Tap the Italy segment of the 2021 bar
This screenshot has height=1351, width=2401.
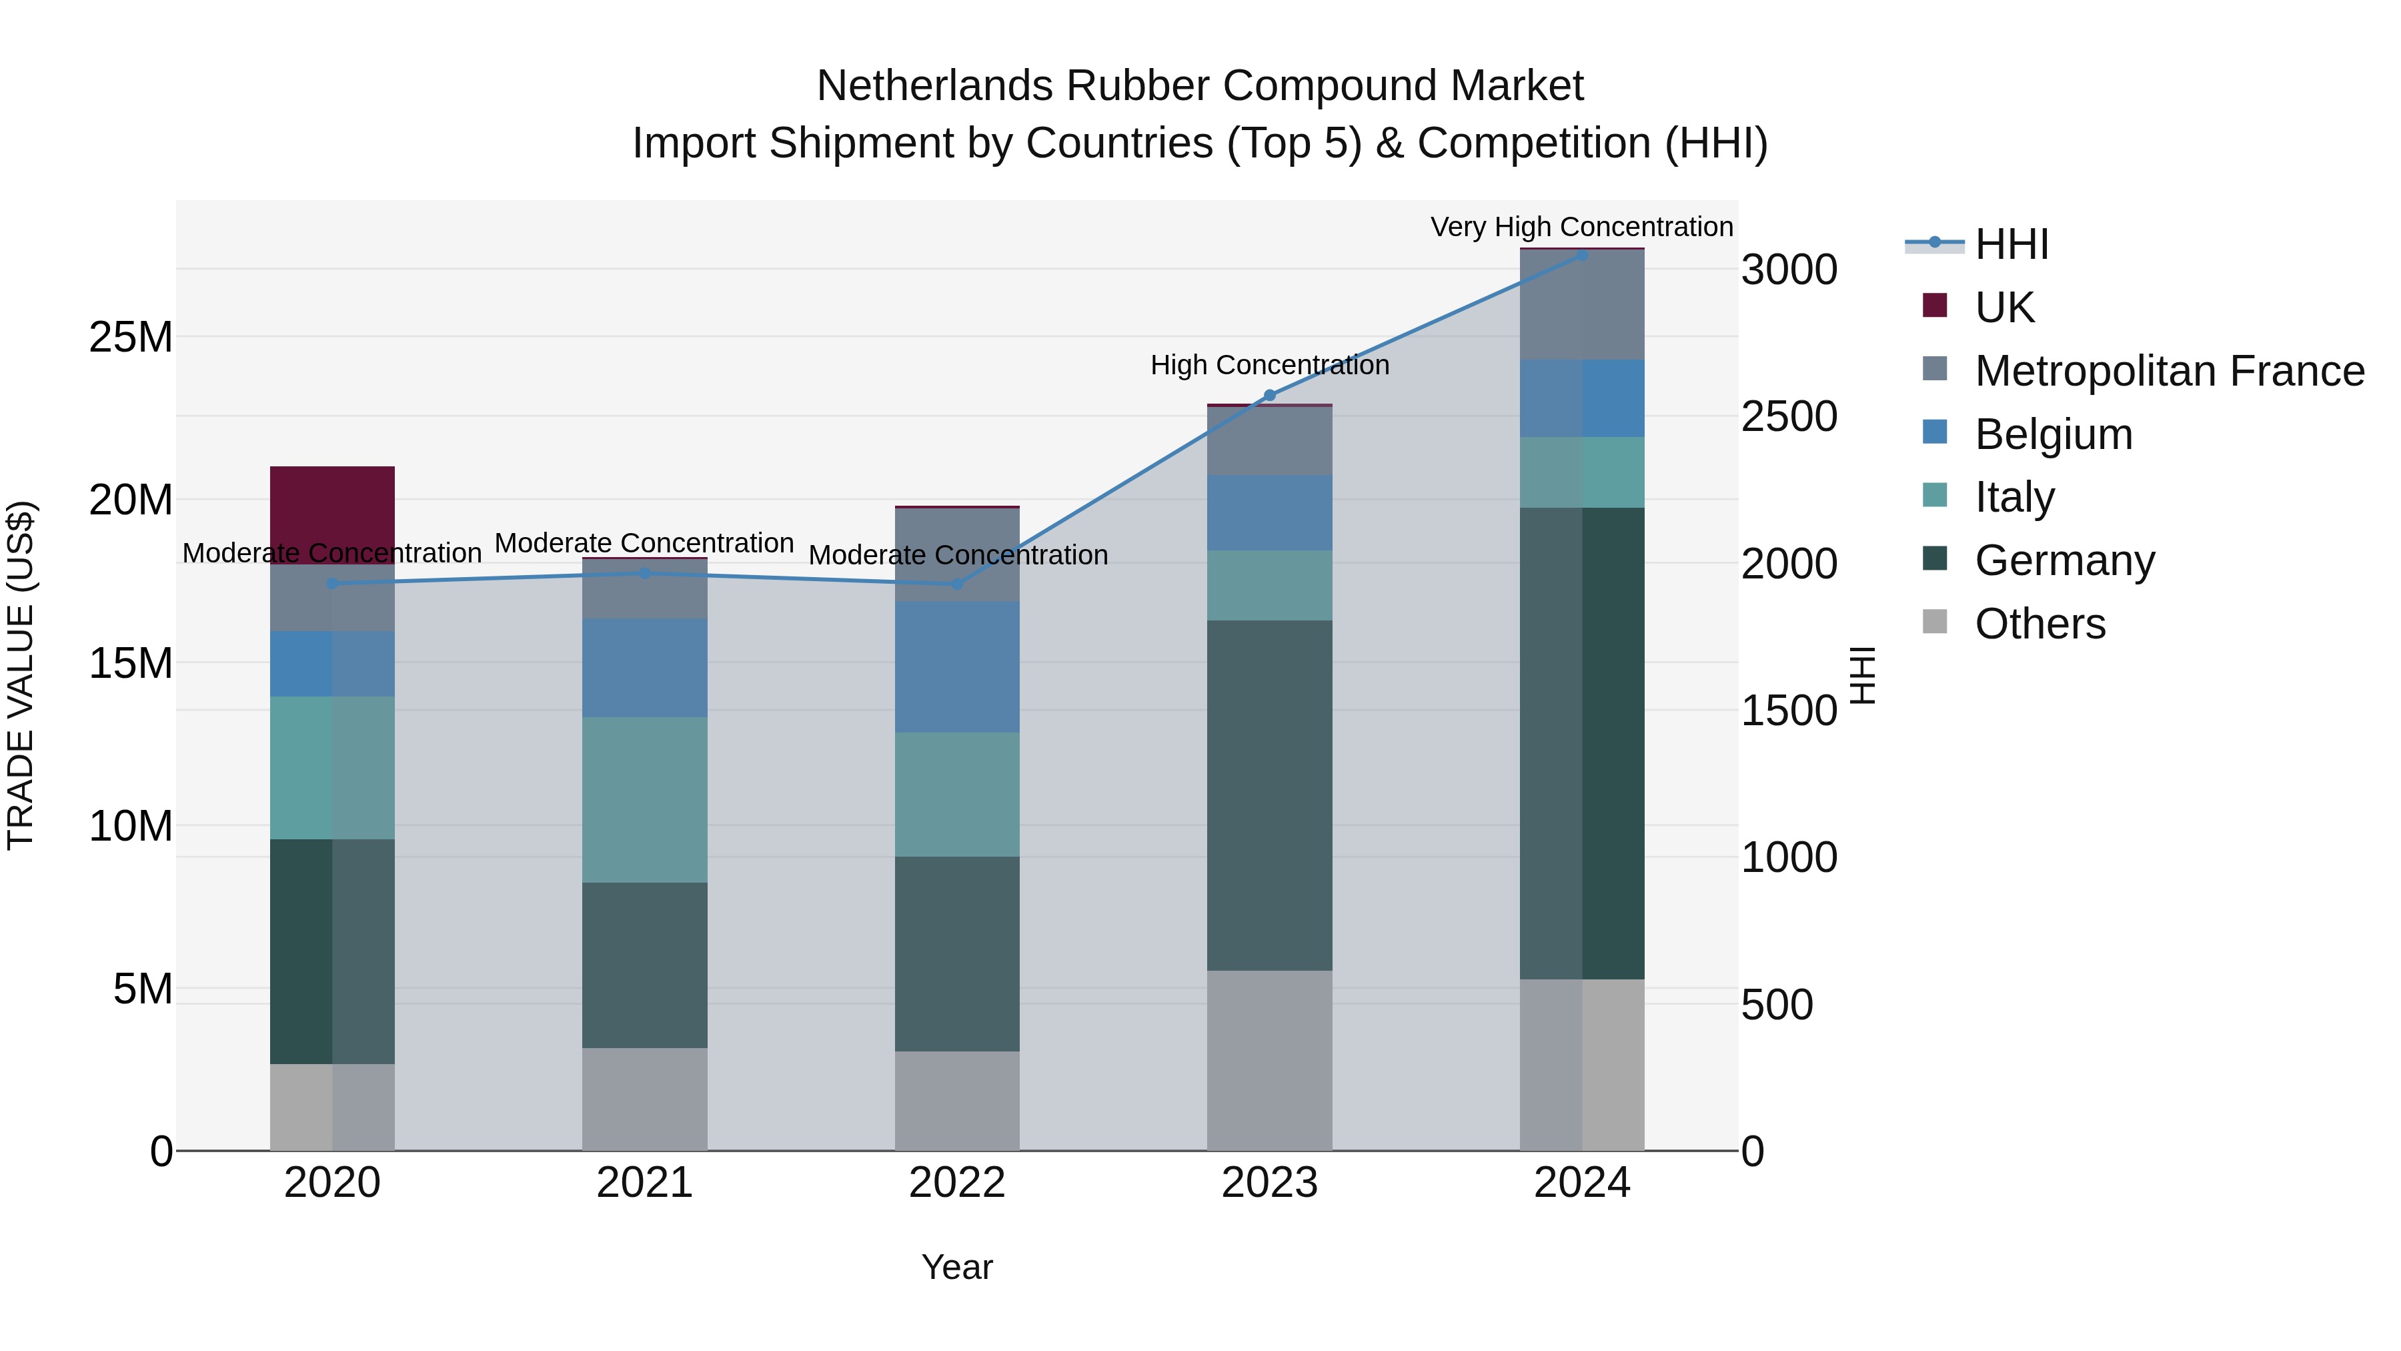(644, 799)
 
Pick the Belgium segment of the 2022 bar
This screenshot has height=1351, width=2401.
(956, 666)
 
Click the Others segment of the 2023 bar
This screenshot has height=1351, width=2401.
(1269, 1060)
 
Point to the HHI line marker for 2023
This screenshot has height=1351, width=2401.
(1269, 396)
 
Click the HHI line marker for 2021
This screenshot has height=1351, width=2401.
(644, 573)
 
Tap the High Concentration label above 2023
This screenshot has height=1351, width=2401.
(1269, 364)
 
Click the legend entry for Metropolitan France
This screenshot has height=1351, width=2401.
(2169, 371)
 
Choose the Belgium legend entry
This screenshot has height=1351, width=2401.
(2054, 434)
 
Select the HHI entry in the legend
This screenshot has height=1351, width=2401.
(2012, 244)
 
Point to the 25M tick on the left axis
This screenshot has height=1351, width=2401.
(131, 337)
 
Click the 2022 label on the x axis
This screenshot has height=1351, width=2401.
(956, 1183)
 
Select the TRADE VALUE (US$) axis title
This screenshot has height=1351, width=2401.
(21, 675)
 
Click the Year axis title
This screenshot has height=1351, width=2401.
(956, 1267)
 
